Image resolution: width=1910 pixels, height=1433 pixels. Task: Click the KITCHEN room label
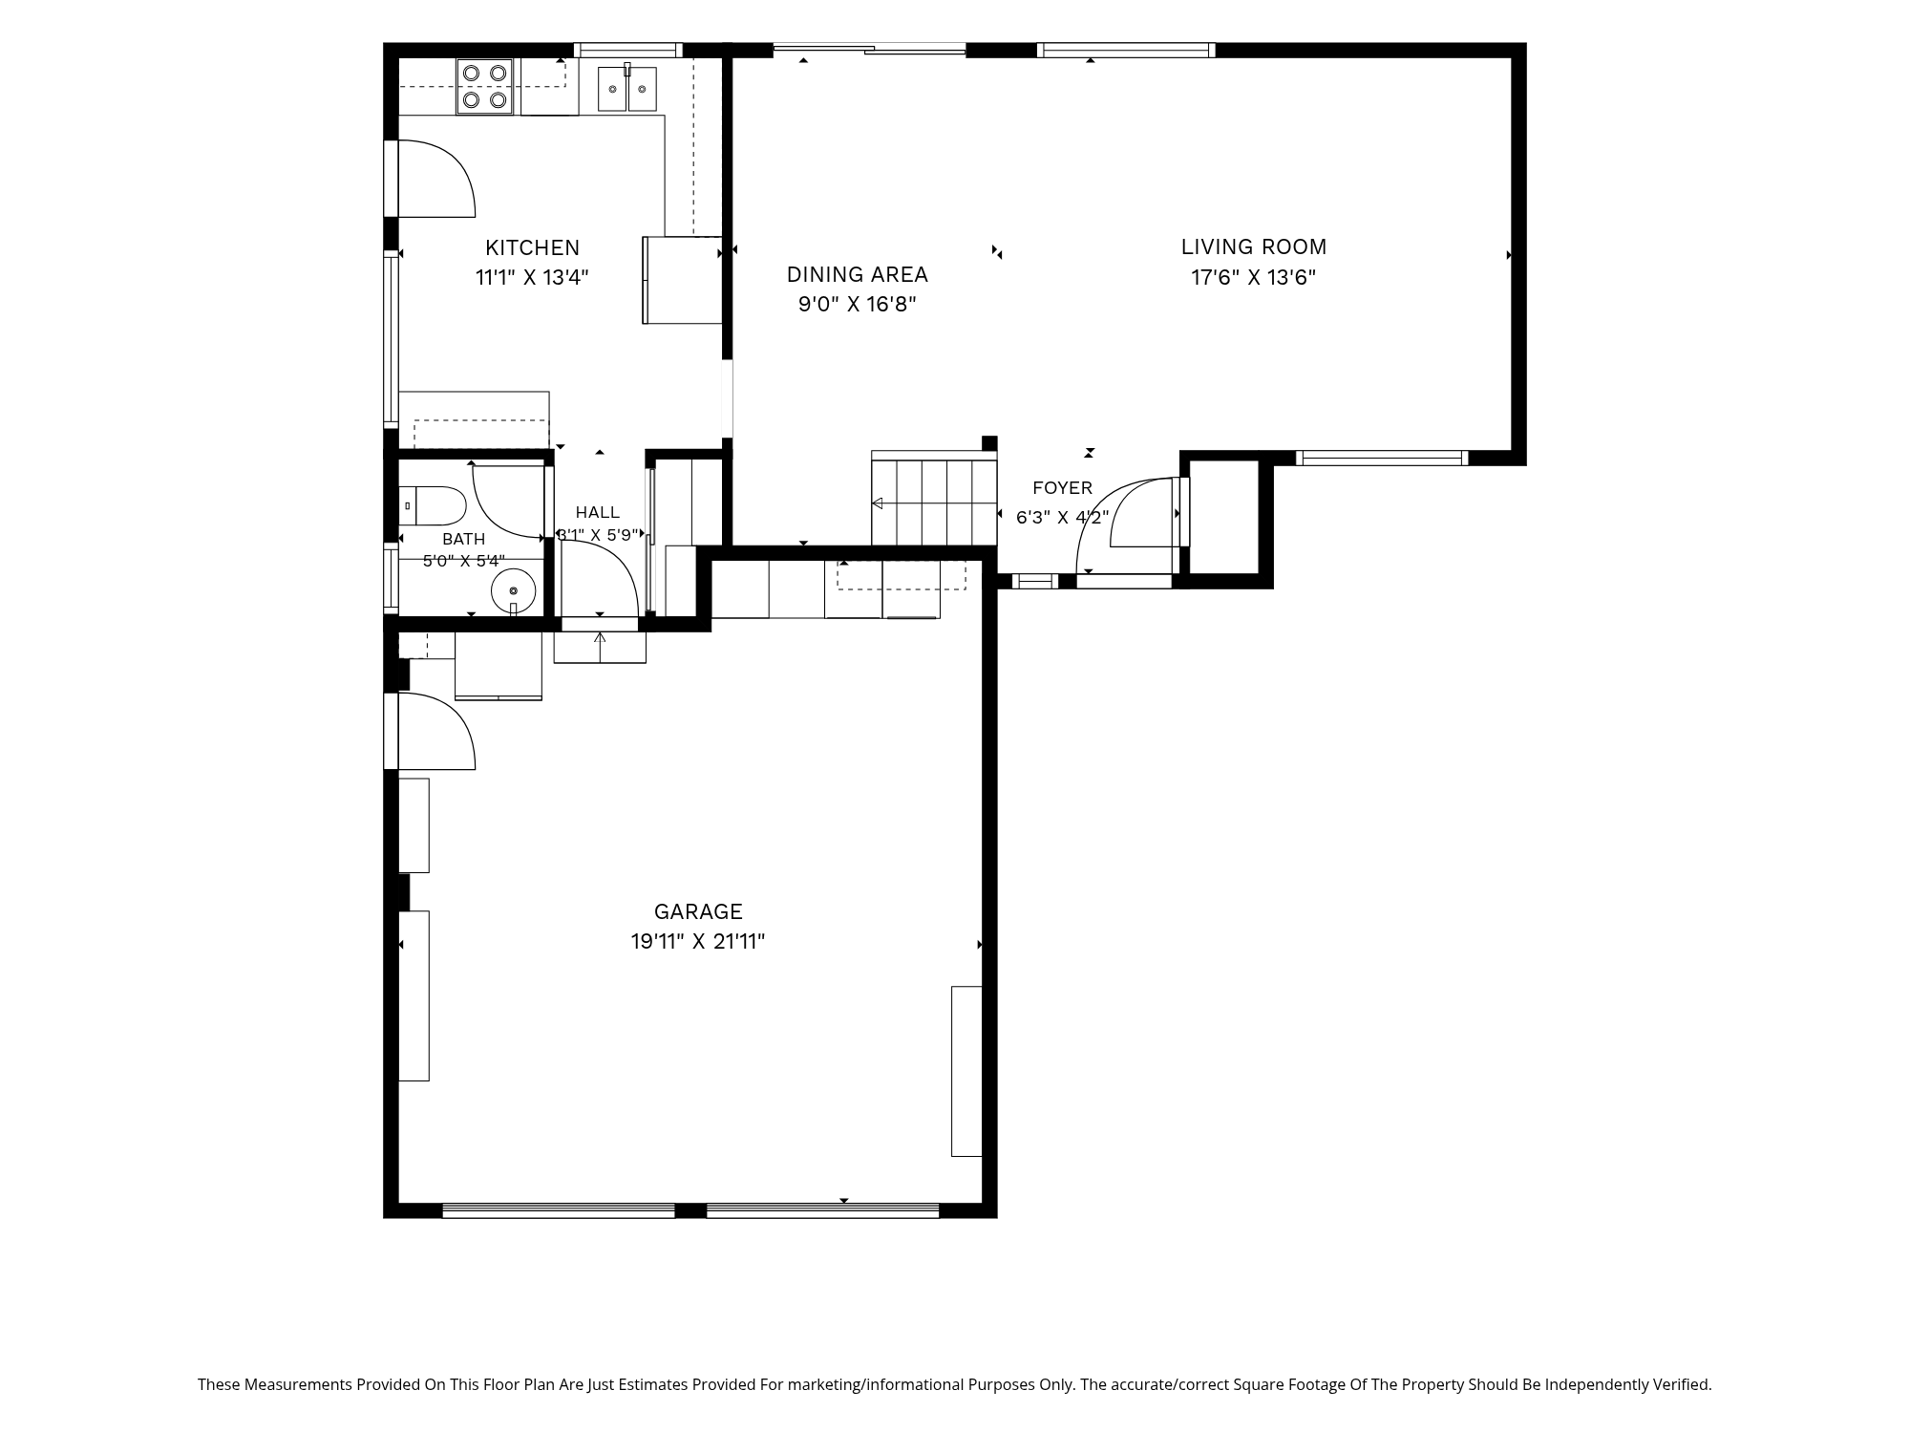tap(532, 248)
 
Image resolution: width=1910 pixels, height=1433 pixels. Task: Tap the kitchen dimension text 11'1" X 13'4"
tap(532, 278)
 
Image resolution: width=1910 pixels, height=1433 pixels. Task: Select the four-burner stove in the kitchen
tap(484, 86)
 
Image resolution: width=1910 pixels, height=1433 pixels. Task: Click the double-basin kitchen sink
tap(627, 88)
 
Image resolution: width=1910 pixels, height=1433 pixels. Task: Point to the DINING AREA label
tap(857, 275)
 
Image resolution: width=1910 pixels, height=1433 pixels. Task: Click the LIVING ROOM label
tap(1254, 247)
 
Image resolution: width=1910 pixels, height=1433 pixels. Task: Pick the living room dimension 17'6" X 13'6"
tap(1254, 278)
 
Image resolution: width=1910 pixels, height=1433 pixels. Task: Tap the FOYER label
tap(1062, 488)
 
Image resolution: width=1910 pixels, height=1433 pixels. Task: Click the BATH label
tap(463, 540)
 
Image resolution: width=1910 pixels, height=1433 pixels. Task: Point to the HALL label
tap(598, 513)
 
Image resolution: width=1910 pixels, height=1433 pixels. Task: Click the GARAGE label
tap(698, 912)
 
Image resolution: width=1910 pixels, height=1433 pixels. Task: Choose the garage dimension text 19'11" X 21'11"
tap(698, 942)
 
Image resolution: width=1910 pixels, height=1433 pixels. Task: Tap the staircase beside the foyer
tap(934, 498)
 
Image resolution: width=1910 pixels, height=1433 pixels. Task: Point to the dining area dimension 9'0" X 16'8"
tap(858, 305)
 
